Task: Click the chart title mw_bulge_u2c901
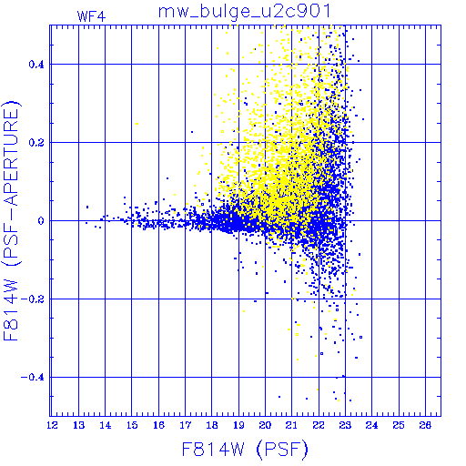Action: [x=244, y=12]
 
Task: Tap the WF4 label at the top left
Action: [x=91, y=16]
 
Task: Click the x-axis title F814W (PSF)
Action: [x=245, y=449]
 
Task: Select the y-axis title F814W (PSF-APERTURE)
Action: [x=11, y=220]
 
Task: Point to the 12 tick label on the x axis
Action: [x=52, y=425]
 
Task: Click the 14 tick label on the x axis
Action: [x=106, y=425]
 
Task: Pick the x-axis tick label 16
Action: [x=158, y=425]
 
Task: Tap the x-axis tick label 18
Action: [x=212, y=425]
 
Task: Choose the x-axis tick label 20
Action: [x=265, y=425]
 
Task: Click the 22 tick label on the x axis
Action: [x=319, y=425]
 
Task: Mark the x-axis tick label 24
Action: [x=372, y=425]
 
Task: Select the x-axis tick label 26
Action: [x=425, y=425]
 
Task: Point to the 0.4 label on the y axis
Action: [x=36, y=65]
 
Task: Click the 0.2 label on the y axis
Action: [x=36, y=143]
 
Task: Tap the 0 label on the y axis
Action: [x=41, y=221]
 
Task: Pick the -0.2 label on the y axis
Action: [x=33, y=299]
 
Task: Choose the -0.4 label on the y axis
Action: [x=33, y=378]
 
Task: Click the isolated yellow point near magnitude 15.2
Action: [x=137, y=124]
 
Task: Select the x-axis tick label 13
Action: [x=79, y=425]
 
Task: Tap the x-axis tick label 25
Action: [x=399, y=425]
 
